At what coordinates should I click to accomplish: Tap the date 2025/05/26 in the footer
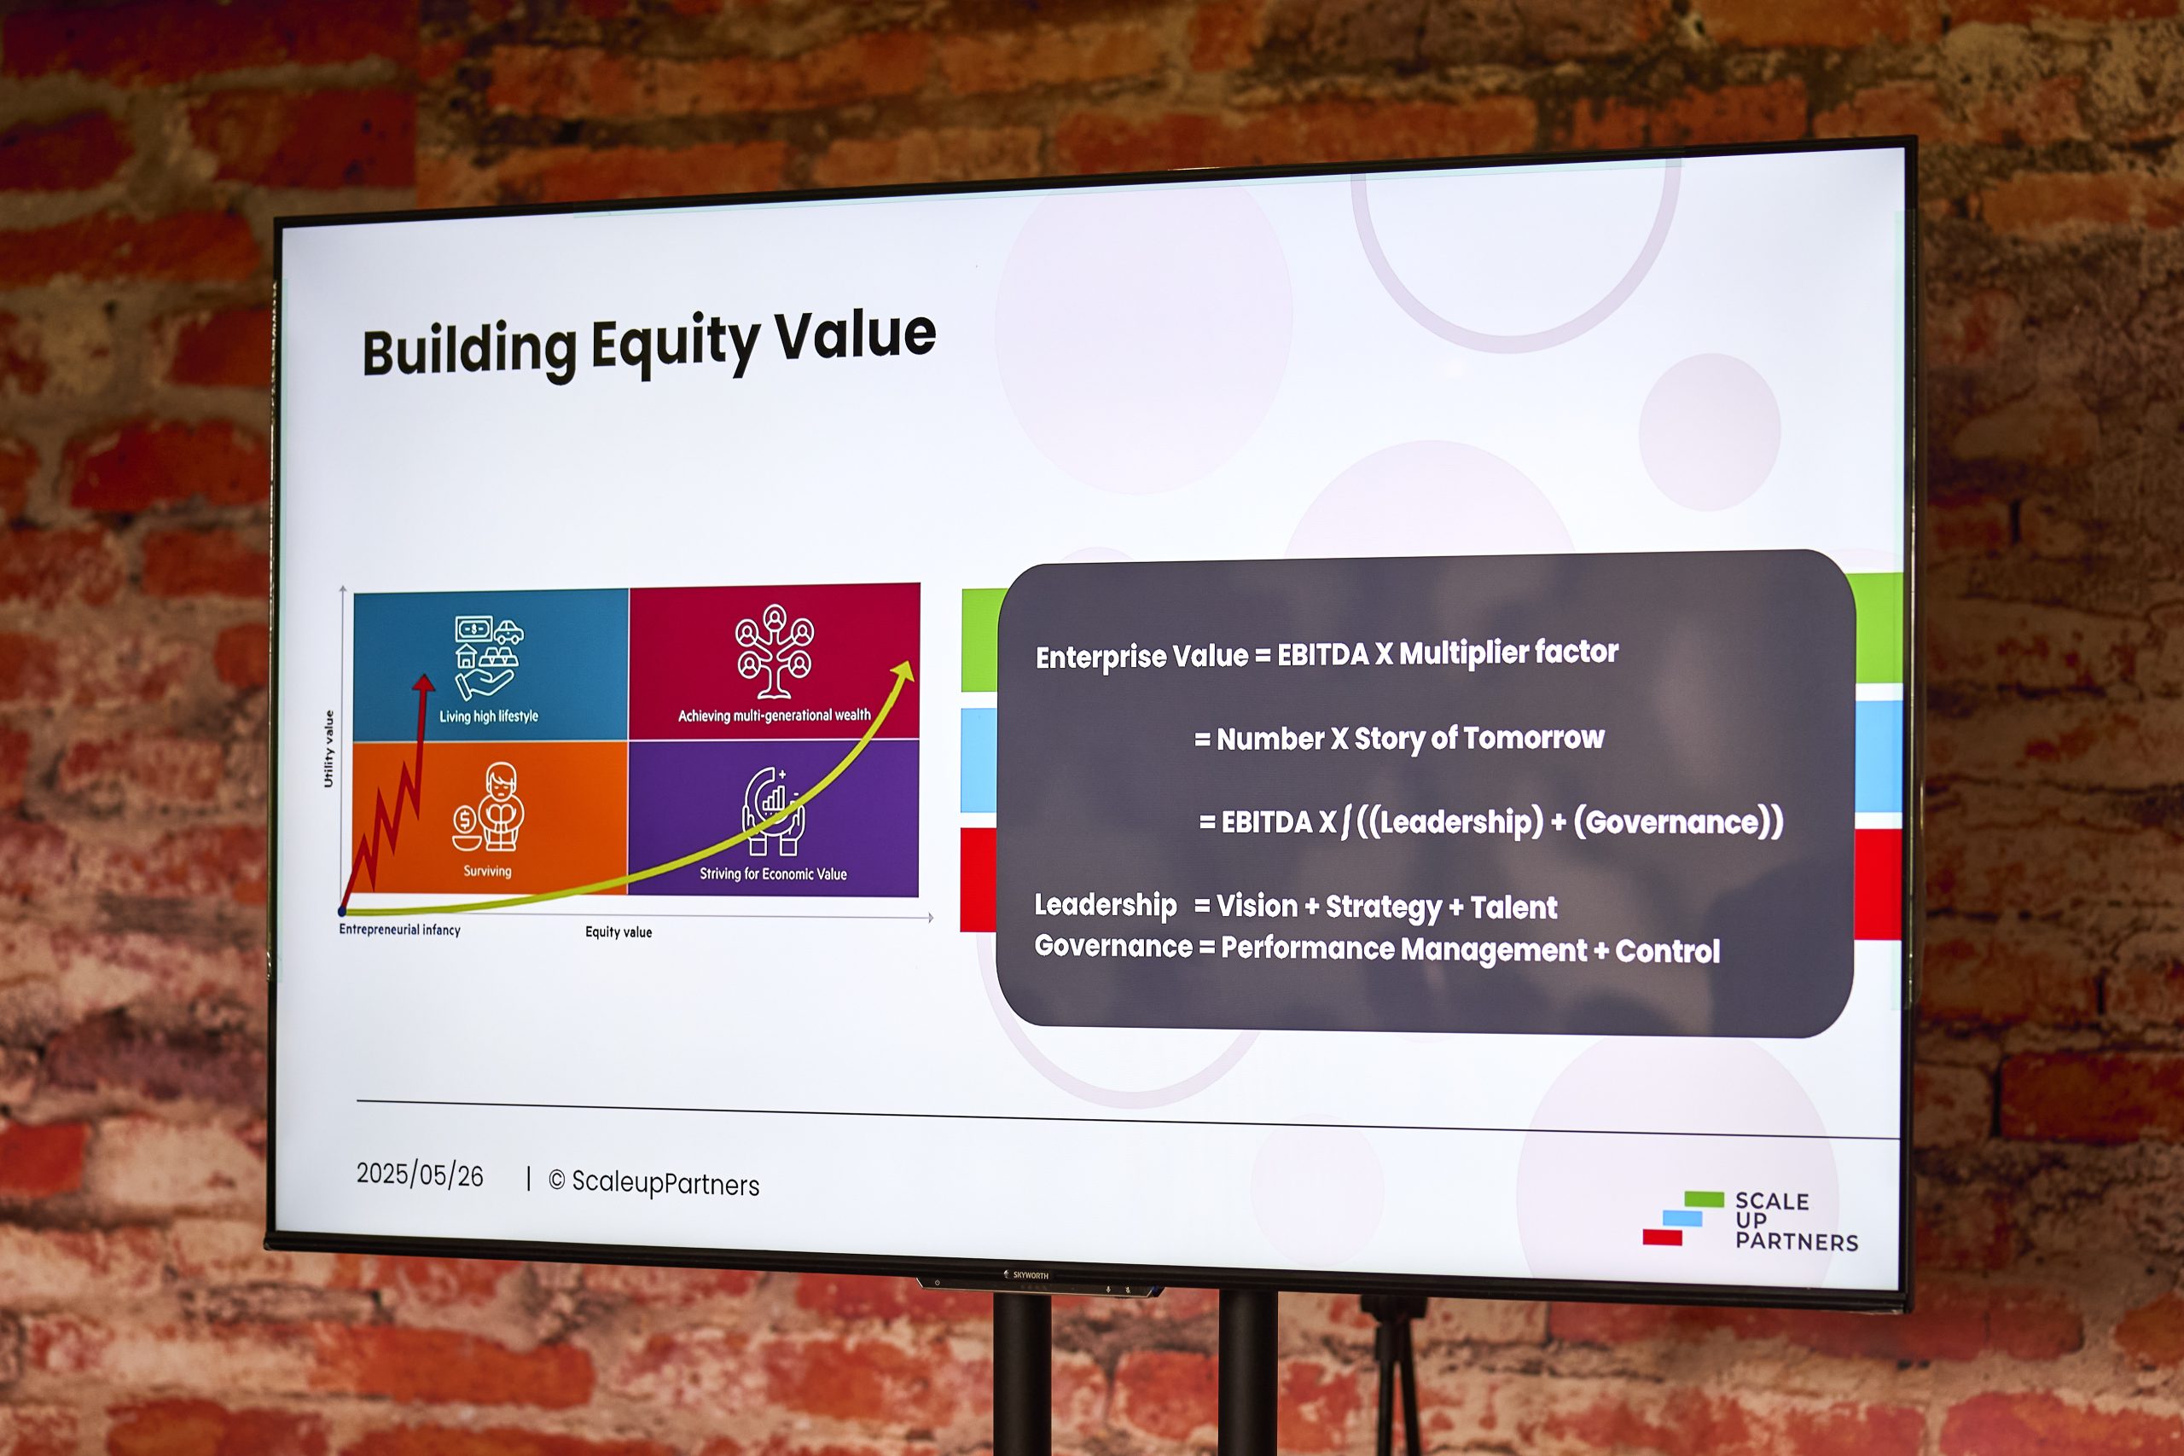click(x=420, y=1175)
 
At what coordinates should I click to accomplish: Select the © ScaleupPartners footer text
click(x=653, y=1182)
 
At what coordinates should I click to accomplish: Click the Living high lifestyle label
click(x=489, y=716)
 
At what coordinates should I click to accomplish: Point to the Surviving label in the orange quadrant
click(x=487, y=871)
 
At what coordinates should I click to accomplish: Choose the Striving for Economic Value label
click(x=773, y=873)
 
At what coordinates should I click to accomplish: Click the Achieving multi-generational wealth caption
click(x=775, y=715)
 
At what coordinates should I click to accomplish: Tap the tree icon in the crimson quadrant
click(x=775, y=651)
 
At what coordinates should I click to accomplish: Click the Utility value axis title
click(x=328, y=750)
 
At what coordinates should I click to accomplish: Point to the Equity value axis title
click(x=619, y=932)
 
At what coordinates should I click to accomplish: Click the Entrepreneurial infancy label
click(x=399, y=930)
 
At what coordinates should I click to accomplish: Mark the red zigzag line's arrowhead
click(x=423, y=682)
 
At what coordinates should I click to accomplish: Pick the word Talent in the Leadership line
click(x=1514, y=908)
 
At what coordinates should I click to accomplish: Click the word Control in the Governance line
click(x=1668, y=951)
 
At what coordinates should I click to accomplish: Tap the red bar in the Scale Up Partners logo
click(x=1662, y=1237)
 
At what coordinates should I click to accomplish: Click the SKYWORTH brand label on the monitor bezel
click(x=1030, y=1276)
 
